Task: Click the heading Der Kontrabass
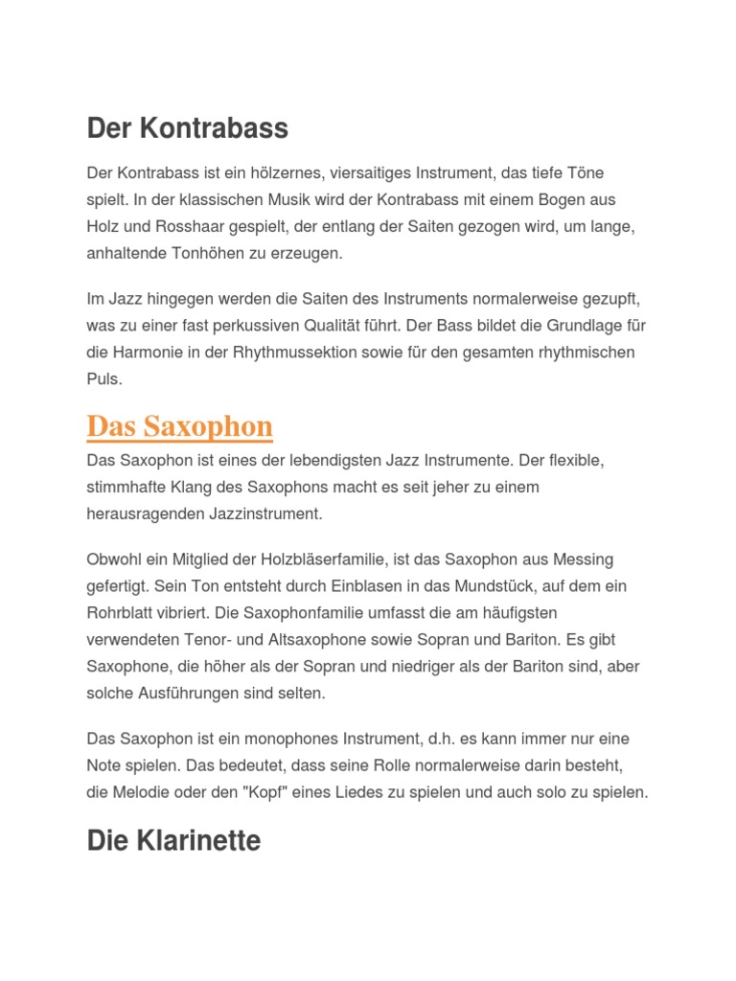tap(187, 128)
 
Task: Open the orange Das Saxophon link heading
tap(179, 426)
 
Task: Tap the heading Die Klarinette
tap(173, 841)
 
